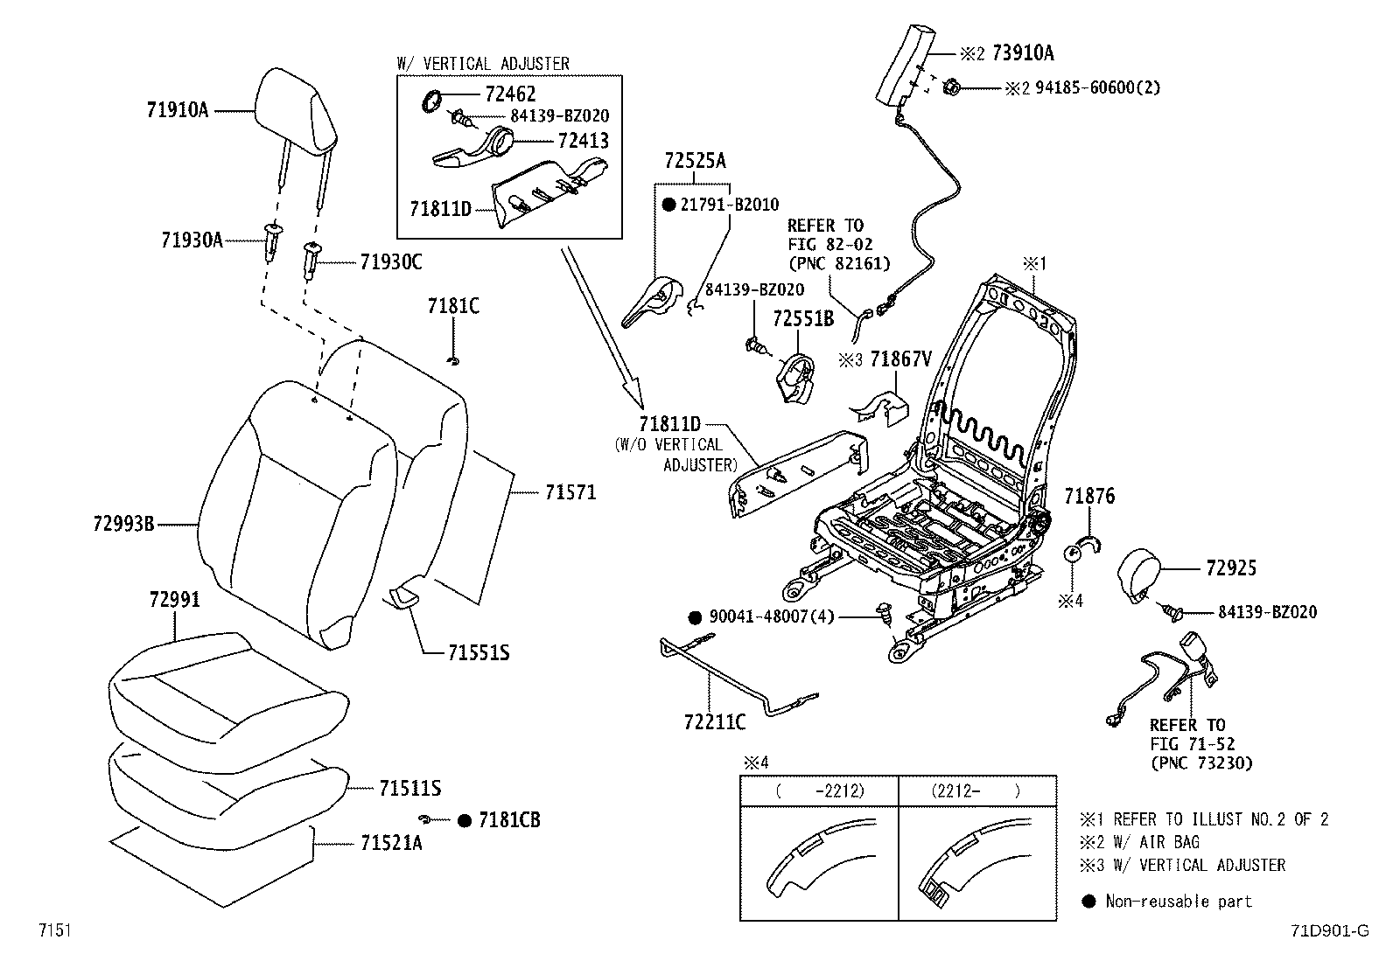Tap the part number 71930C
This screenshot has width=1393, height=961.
point(391,262)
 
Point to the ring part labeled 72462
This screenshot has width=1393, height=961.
point(430,101)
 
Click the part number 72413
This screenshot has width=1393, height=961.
point(584,141)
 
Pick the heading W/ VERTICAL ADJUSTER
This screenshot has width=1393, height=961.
point(483,64)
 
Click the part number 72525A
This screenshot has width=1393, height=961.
point(695,161)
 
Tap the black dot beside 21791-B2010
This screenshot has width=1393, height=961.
point(669,205)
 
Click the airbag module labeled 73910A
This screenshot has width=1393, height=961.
point(906,66)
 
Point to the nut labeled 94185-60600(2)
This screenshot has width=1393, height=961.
point(950,88)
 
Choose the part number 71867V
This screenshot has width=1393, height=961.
point(900,359)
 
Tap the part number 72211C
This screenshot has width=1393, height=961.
point(715,721)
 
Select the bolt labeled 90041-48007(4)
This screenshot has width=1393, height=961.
point(885,615)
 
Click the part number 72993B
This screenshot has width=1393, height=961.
point(123,524)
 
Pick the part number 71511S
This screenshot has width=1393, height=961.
point(409,788)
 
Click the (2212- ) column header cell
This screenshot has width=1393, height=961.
point(977,790)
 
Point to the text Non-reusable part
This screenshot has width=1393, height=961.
point(1179,902)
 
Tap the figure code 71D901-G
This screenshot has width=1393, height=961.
point(1330,930)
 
